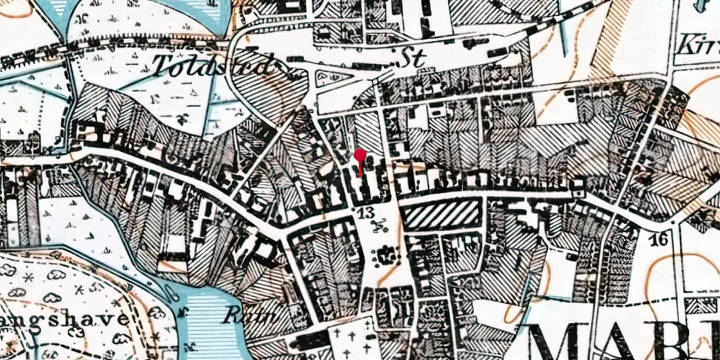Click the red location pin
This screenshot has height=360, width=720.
360,155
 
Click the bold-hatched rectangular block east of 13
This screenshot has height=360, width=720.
439,215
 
